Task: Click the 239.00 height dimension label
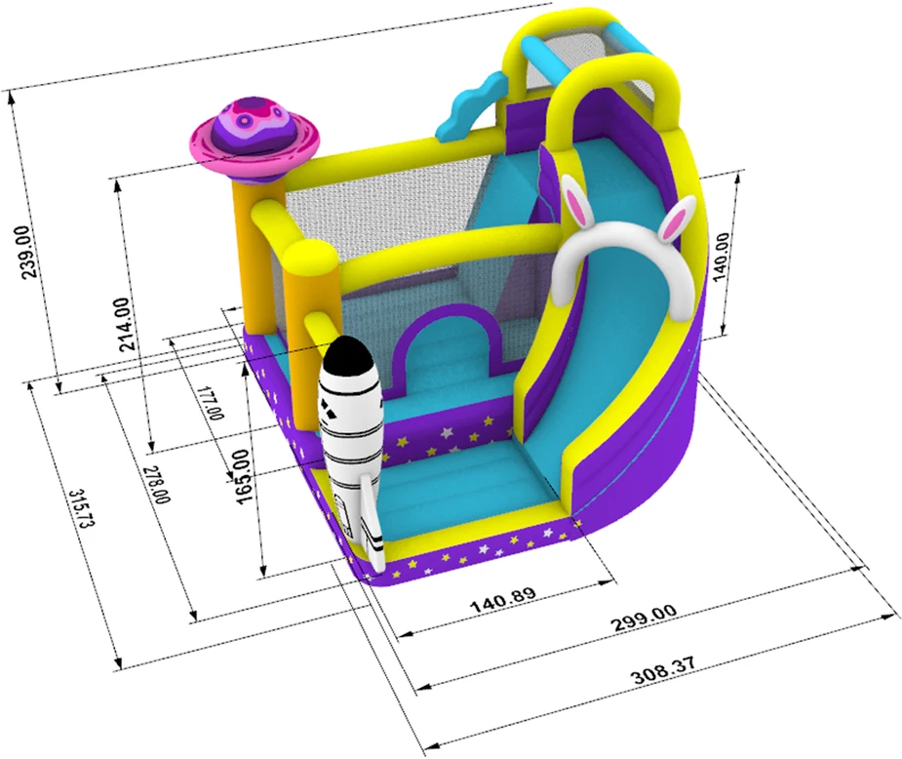click(x=31, y=252)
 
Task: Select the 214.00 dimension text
click(x=127, y=323)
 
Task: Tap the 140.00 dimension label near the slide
click(x=721, y=257)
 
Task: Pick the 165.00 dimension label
click(x=243, y=477)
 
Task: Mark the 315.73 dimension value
click(x=82, y=508)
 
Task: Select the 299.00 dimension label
click(x=644, y=618)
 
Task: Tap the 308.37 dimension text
click(x=663, y=669)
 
